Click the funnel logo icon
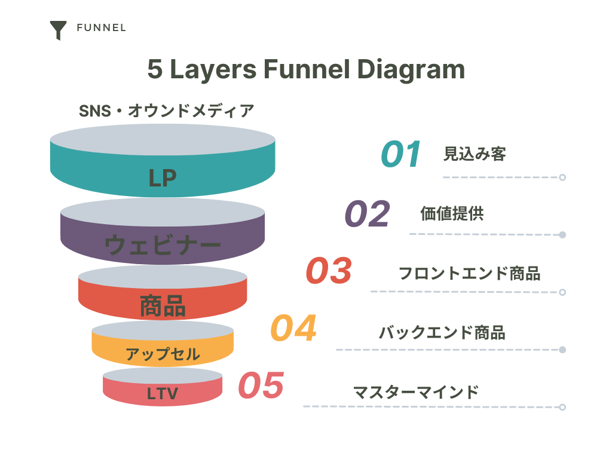click(58, 30)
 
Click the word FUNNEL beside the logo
click(102, 28)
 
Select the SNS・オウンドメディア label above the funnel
click(167, 111)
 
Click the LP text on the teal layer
click(163, 178)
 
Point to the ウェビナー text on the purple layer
click(163, 245)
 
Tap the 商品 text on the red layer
click(163, 305)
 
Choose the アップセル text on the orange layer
click(163, 354)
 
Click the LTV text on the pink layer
click(163, 393)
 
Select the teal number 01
click(401, 154)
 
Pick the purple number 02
click(368, 213)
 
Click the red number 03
click(329, 271)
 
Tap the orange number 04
click(293, 328)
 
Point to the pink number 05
click(261, 385)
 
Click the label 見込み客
click(475, 154)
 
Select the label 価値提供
click(452, 213)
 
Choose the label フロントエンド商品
click(470, 273)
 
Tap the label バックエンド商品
click(442, 332)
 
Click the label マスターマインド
click(416, 392)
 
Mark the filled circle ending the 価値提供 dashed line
click(562, 235)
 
